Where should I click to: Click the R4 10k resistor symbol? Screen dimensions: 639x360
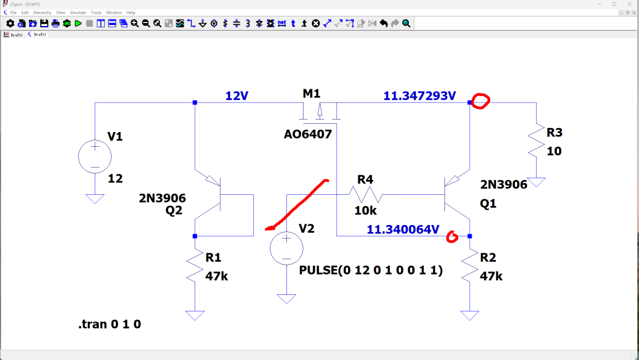coord(366,194)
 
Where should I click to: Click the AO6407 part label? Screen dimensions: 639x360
coord(308,134)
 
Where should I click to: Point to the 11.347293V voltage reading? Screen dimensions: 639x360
coord(419,96)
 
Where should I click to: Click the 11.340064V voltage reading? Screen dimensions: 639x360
coord(403,230)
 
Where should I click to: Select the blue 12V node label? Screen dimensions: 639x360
coord(237,96)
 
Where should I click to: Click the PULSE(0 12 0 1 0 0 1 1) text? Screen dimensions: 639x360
coord(371,271)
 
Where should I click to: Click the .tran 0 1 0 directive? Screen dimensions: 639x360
coord(109,324)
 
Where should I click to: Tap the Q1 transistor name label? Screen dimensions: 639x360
coord(488,204)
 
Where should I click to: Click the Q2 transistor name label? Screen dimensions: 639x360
coord(173,210)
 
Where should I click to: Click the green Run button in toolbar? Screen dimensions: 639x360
coord(78,24)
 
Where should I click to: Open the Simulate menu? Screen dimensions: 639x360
coord(78,12)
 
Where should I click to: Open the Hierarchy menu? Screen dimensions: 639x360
coord(43,12)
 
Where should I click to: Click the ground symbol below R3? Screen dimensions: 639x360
coord(536,182)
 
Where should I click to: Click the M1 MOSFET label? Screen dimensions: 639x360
coord(311,94)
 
